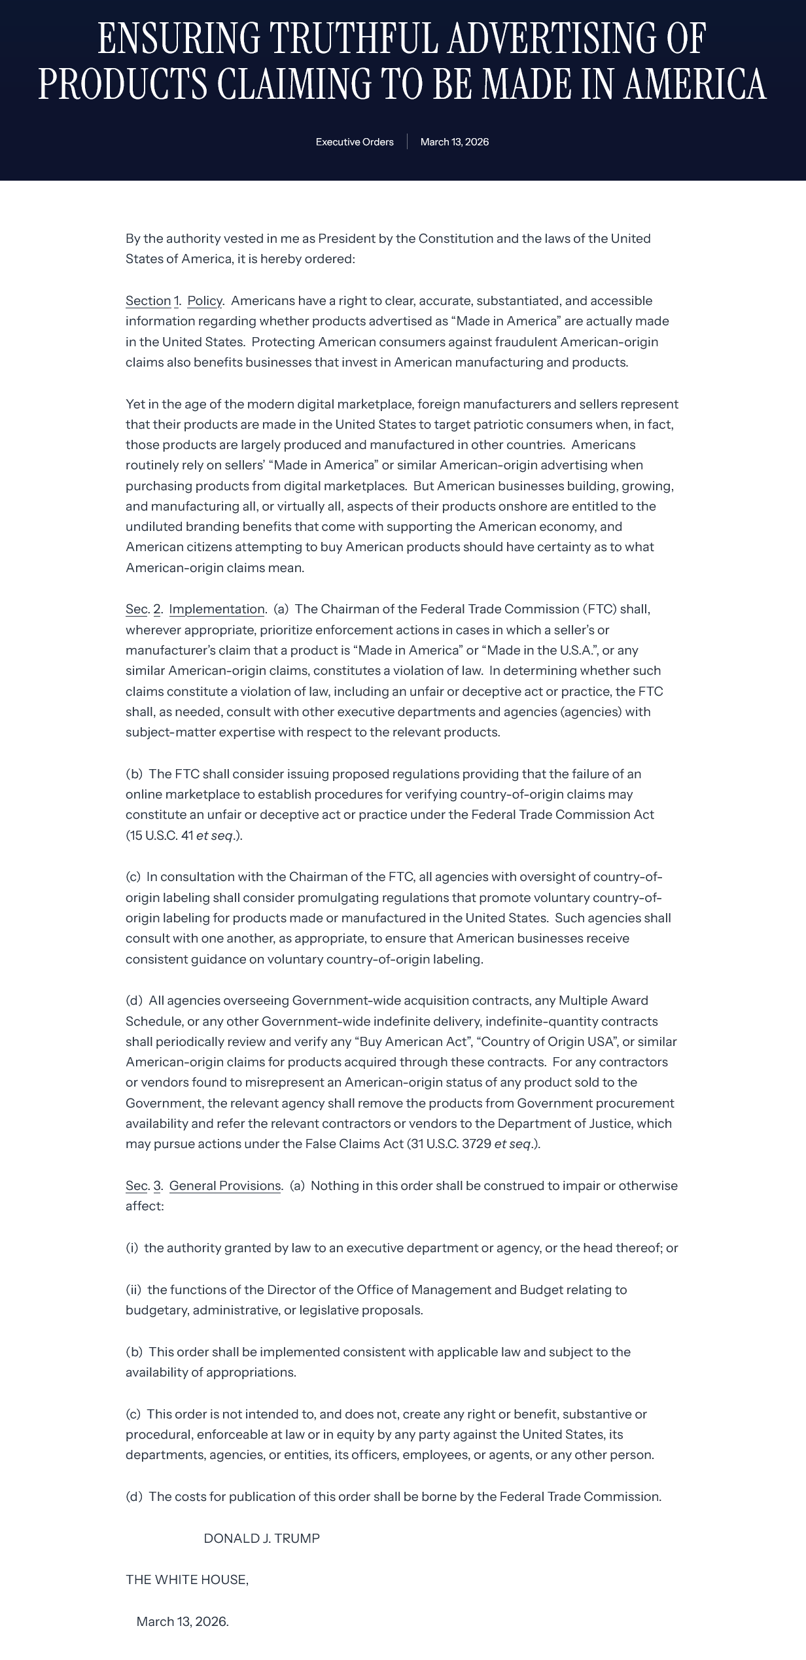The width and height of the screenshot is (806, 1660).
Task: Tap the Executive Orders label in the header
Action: point(355,142)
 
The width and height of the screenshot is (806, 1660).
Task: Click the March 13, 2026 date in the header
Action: point(454,142)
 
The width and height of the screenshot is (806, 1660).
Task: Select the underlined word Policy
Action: point(205,300)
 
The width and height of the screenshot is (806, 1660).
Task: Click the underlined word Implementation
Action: point(217,609)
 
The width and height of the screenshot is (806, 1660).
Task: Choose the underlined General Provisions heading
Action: point(224,1185)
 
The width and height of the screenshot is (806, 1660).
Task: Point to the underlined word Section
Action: point(148,300)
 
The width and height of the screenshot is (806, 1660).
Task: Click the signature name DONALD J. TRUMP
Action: point(262,1538)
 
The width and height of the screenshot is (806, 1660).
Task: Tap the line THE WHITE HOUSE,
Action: point(187,1579)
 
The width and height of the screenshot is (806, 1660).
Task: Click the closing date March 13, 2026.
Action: point(183,1621)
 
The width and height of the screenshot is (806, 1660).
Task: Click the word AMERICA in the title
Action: point(694,84)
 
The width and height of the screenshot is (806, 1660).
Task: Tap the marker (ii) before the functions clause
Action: point(133,1290)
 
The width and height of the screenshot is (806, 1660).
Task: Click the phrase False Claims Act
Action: point(354,1144)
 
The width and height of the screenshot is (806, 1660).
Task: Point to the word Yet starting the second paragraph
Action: point(135,404)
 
